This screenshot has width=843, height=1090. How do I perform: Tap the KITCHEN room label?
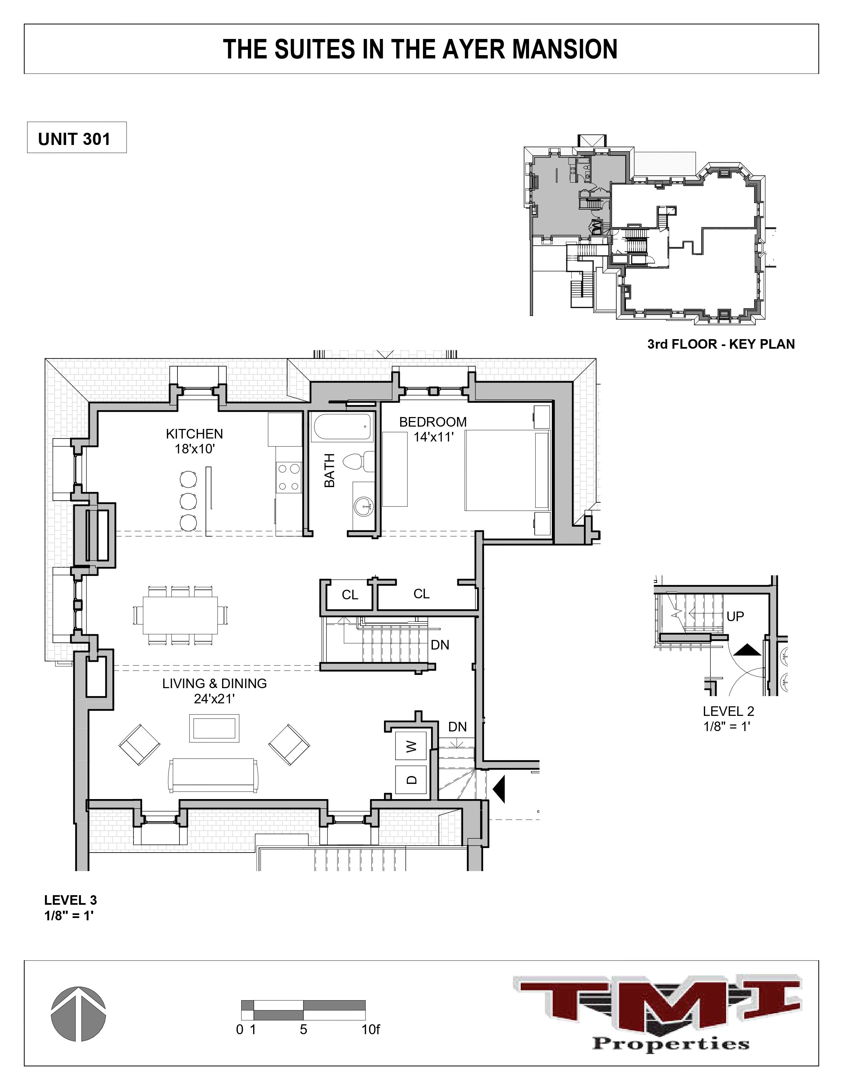(194, 434)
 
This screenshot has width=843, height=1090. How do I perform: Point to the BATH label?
(329, 470)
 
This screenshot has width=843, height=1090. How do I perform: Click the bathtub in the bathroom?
(343, 427)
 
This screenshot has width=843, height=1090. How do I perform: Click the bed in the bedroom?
(507, 470)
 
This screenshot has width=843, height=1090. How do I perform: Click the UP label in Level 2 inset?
(735, 616)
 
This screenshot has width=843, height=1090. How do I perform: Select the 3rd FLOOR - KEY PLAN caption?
(721, 344)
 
